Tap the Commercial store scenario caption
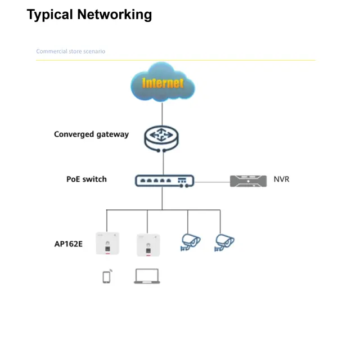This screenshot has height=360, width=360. tap(70, 51)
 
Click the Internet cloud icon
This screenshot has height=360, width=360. tap(163, 83)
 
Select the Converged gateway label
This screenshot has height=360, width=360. tap(91, 134)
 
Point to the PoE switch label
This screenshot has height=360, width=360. tap(86, 179)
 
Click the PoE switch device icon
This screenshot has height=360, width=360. tap(164, 181)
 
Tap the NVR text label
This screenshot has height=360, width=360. tap(281, 179)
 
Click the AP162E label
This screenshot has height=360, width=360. tap(68, 244)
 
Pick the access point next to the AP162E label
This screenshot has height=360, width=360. tap(107, 244)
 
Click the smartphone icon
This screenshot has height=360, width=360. tap(107, 276)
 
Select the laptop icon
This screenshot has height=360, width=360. tap(147, 276)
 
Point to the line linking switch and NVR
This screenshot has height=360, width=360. tap(211, 182)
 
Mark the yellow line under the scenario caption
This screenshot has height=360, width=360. tap(175, 60)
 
